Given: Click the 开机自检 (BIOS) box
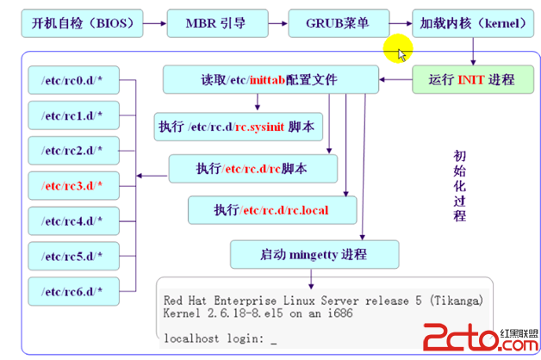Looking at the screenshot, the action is pos(82,23).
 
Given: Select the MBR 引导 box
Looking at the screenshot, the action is pos(217,23).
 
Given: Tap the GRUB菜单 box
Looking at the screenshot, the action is pos(339,23).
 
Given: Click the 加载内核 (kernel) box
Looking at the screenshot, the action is pos(473,23).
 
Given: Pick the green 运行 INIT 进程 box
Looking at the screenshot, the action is pos(473,79).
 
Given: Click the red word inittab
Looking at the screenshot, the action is pos(267,80).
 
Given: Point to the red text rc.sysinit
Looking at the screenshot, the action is pos(260,127).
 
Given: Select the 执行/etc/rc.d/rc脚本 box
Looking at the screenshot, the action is pos(253,169).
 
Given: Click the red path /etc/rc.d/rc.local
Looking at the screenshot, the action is pos(284,210).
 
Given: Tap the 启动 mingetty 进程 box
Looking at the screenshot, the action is pos(314,254).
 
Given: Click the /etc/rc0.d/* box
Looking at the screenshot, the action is pos(73,80).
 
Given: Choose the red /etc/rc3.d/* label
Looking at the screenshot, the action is pos(72,186).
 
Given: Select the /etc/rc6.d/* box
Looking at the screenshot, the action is pos(73,291).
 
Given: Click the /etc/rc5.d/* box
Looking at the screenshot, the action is pos(73,256).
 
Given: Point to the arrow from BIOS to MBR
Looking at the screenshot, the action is pos(155,23).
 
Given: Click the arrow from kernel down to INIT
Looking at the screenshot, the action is pos(473,52).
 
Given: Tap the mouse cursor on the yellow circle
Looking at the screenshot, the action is pos(401,55).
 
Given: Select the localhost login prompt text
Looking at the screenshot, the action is pos(214,338).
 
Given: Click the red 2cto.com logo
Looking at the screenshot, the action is pos(481,338).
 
